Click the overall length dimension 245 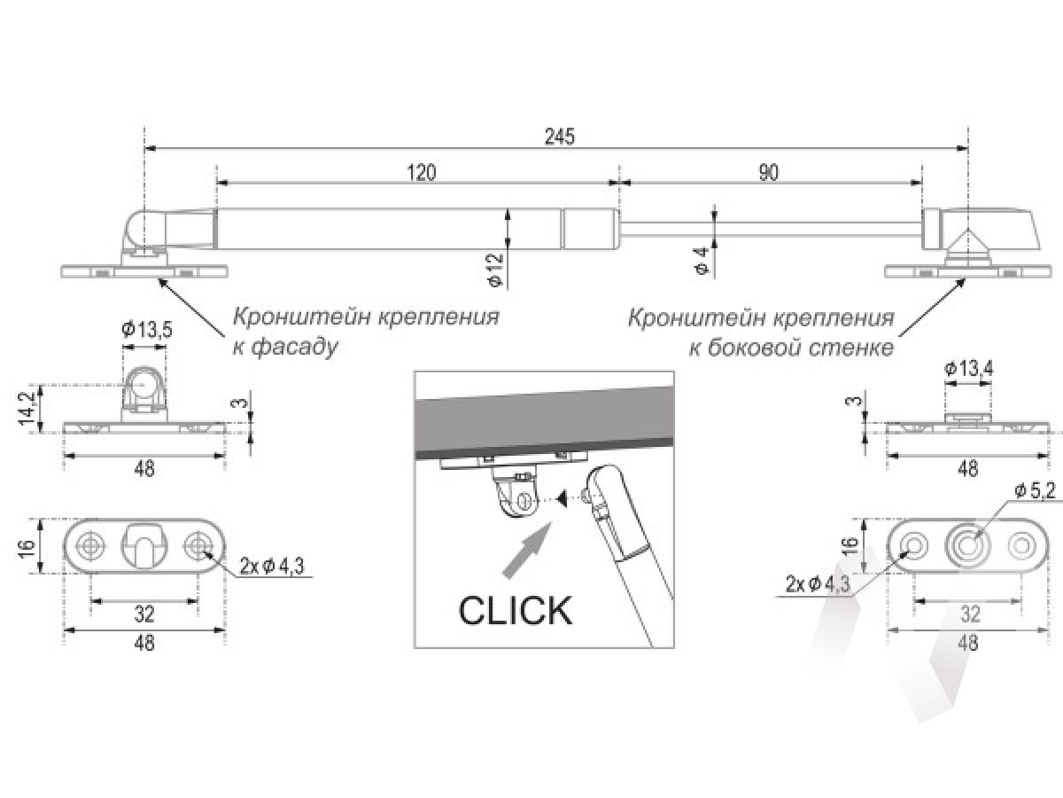[559, 137]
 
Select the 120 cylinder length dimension [422, 173]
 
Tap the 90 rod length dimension [769, 173]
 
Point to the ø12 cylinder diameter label [496, 270]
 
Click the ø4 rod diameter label [702, 260]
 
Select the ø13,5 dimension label [147, 330]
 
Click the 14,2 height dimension [27, 408]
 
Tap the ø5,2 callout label [1035, 491]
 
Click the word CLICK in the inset [515, 611]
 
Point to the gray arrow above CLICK [527, 551]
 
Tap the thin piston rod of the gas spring [771, 230]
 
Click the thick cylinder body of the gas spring [417, 229]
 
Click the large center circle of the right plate [967, 547]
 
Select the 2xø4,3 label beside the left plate [272, 566]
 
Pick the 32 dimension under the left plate [144, 614]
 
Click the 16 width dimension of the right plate [851, 546]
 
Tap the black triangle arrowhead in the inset [563, 498]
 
